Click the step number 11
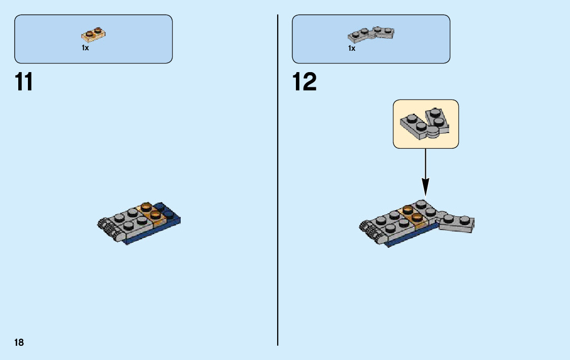pyautogui.click(x=24, y=82)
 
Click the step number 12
pyautogui.click(x=305, y=82)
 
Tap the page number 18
pyautogui.click(x=19, y=343)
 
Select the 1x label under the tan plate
pyautogui.click(x=85, y=48)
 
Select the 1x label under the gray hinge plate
pyautogui.click(x=351, y=48)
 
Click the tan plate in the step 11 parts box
pyautogui.click(x=94, y=34)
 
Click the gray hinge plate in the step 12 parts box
pyautogui.click(x=371, y=34)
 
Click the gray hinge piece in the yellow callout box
pyautogui.click(x=425, y=123)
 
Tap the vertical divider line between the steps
pyautogui.click(x=278, y=203)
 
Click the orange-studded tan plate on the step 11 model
pyautogui.click(x=151, y=214)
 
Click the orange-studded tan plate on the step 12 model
pyautogui.click(x=412, y=216)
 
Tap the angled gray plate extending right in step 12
pyautogui.click(x=457, y=223)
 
